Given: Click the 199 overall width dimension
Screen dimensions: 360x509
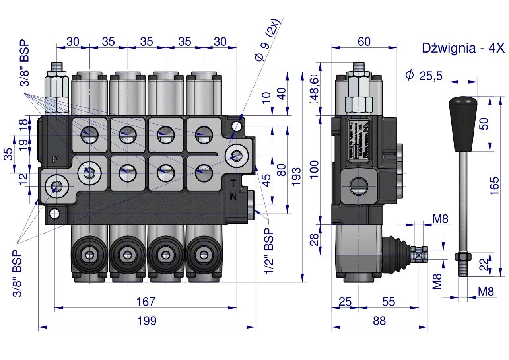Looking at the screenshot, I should tap(146, 321).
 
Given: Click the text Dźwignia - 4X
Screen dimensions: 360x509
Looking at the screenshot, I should tap(462, 48).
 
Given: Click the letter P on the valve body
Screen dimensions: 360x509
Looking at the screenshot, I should tap(55, 159).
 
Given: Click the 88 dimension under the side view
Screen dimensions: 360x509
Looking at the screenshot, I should tap(379, 321).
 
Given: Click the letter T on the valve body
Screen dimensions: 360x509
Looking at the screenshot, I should tap(234, 184).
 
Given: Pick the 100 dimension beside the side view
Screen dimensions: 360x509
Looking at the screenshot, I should tap(314, 169).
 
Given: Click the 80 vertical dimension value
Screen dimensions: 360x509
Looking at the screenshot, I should tap(281, 170).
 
